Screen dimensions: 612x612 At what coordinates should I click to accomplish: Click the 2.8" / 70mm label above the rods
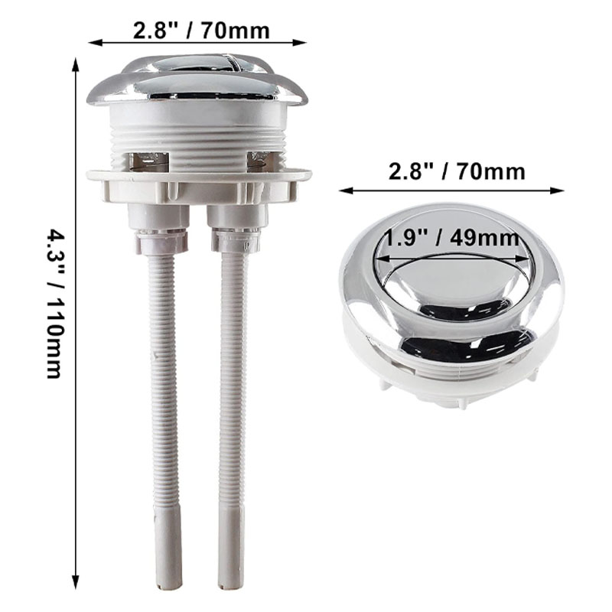201,30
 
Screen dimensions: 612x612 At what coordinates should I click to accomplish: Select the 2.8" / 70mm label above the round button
457,171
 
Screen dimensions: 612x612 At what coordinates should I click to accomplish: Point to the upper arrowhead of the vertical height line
76,63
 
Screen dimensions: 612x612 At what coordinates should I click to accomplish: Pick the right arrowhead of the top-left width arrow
300,43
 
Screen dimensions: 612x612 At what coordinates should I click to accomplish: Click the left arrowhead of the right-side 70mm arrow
346,190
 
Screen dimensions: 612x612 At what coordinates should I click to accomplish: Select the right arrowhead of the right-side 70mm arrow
557,190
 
